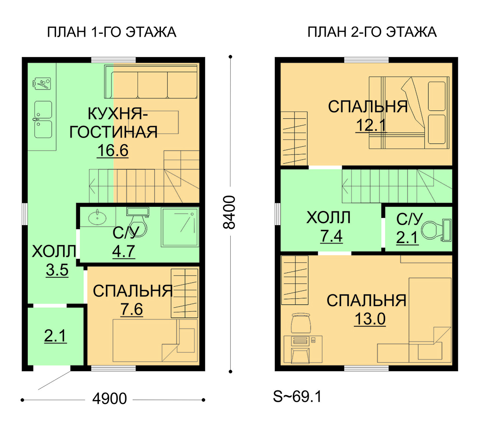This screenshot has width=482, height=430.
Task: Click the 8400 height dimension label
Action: pyautogui.click(x=229, y=212)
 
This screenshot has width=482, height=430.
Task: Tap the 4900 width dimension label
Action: pyautogui.click(x=109, y=398)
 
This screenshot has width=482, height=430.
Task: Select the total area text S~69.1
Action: pyautogui.click(x=297, y=397)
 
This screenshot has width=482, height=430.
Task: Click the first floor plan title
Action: pyautogui.click(x=112, y=32)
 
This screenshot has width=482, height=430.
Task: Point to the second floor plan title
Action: pyautogui.click(x=372, y=32)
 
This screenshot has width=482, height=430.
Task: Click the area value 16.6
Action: pyautogui.click(x=112, y=150)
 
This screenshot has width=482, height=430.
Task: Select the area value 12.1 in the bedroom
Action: pyautogui.click(x=371, y=125)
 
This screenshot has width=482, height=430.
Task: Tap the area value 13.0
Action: pyautogui.click(x=370, y=319)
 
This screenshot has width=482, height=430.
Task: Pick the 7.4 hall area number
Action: pyautogui.click(x=331, y=236)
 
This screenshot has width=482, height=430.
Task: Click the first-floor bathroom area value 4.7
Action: pyautogui.click(x=123, y=252)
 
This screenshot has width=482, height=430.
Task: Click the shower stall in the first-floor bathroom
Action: pyautogui.click(x=180, y=227)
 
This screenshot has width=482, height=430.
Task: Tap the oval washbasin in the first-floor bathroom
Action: pyautogui.click(x=97, y=218)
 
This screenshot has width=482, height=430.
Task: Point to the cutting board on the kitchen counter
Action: pyautogui.click(x=41, y=83)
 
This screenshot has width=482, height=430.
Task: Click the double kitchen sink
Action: pyautogui.click(x=43, y=119)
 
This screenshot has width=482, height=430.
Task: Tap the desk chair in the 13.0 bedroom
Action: pyautogui.click(x=301, y=323)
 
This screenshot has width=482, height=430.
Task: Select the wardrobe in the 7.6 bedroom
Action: pyautogui.click(x=185, y=293)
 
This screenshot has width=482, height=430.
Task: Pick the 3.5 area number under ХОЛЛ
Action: pyautogui.click(x=57, y=270)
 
